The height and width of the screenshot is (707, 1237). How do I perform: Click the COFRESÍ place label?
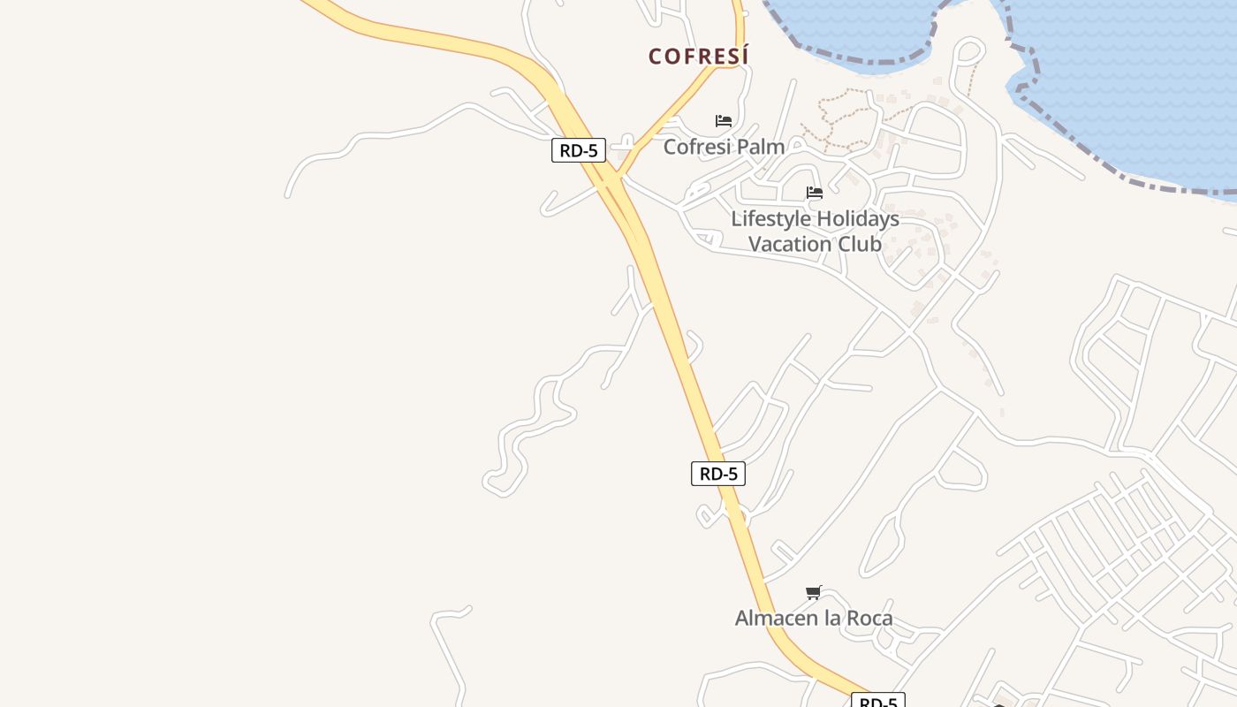click(x=698, y=57)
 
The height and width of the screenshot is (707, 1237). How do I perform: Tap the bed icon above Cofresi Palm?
click(x=724, y=121)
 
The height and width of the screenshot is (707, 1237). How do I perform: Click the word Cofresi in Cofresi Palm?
click(x=696, y=147)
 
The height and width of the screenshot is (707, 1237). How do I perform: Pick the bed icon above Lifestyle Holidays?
click(x=815, y=193)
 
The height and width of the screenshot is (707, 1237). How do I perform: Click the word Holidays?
click(x=854, y=218)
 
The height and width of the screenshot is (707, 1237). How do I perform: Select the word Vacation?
click(x=789, y=244)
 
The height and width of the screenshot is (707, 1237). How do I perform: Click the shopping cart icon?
click(x=814, y=592)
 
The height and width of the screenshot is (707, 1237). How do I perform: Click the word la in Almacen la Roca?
click(x=832, y=618)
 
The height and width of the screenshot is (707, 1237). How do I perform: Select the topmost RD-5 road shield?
click(x=579, y=150)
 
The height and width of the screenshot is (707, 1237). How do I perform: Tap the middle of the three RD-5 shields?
click(x=718, y=474)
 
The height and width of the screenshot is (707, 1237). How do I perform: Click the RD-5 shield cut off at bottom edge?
click(x=878, y=702)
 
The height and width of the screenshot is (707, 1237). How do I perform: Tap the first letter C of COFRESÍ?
click(x=655, y=57)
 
